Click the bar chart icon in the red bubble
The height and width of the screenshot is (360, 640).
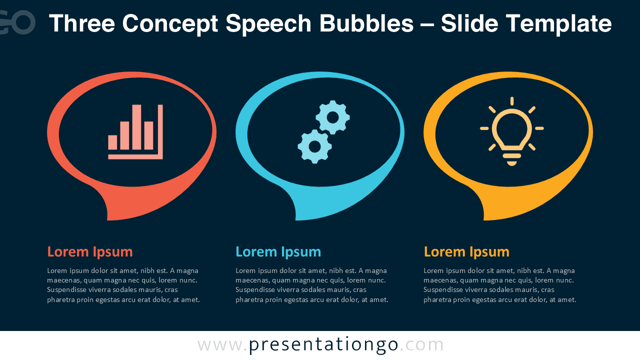tap(135, 132)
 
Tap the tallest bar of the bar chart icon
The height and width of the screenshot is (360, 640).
tap(136, 127)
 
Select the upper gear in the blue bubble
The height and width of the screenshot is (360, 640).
tap(332, 117)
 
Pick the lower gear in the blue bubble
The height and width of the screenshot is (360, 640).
tap(314, 146)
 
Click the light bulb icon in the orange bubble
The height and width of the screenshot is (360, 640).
tap(511, 131)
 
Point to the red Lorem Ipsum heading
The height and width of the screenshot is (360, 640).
tap(90, 251)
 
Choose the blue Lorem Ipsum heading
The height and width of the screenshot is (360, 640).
tap(278, 251)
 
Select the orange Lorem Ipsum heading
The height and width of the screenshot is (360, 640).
tap(466, 251)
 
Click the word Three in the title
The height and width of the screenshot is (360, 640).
tap(81, 23)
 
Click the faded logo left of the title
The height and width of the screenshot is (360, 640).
tap(17, 22)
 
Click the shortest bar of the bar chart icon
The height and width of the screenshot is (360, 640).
tap(112, 142)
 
